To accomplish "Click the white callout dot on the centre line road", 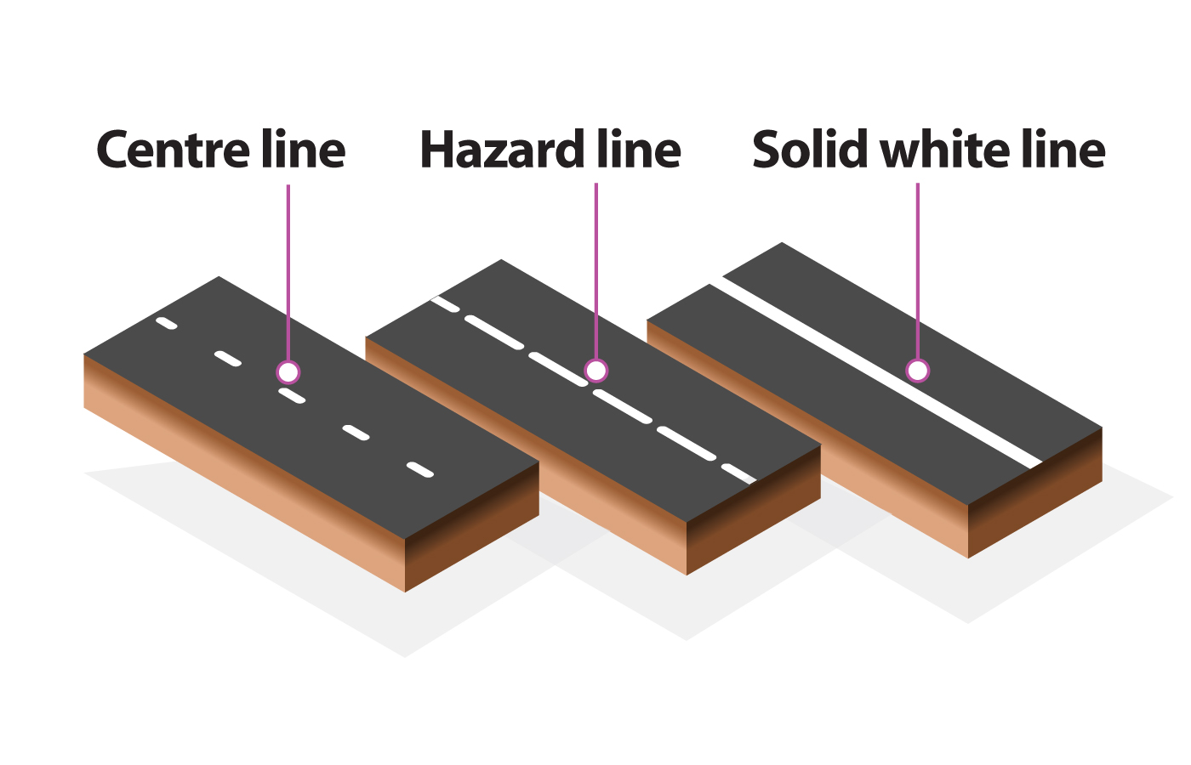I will click(288, 371).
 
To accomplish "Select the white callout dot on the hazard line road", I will click(596, 371).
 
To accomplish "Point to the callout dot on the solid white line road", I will click(917, 371).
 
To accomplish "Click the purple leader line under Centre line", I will click(288, 272).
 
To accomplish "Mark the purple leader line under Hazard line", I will click(596, 272).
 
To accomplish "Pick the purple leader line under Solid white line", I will click(917, 272).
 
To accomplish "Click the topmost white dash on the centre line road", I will click(167, 323).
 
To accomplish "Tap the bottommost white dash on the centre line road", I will click(420, 470).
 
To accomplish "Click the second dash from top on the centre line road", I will click(227, 359).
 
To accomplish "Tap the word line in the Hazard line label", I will click(639, 150).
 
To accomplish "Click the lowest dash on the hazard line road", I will click(738, 473).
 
